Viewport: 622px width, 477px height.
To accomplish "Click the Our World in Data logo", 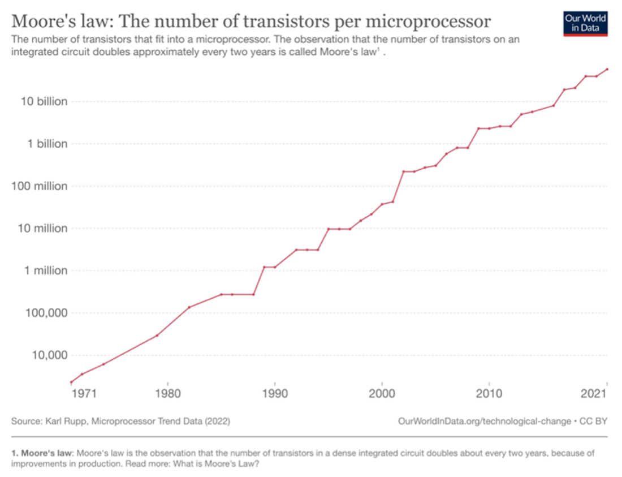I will coord(585,23).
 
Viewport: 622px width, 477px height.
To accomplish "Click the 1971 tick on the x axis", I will coord(81,394).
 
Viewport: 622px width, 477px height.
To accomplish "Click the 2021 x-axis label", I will coord(596,394).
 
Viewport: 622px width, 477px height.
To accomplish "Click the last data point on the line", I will coord(607,69).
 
